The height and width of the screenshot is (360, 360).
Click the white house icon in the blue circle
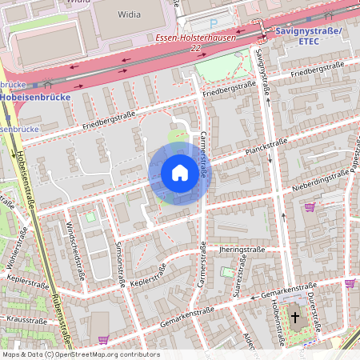point(180,174)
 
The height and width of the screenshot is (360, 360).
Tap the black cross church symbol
point(294,318)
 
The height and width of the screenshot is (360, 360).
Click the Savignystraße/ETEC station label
point(308,36)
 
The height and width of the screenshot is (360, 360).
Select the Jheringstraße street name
point(241,250)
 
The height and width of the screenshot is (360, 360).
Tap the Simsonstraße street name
point(120,263)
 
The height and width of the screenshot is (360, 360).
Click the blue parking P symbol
point(213,23)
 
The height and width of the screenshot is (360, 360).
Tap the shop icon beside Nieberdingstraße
point(309,207)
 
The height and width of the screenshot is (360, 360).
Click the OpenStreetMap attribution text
point(80,354)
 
